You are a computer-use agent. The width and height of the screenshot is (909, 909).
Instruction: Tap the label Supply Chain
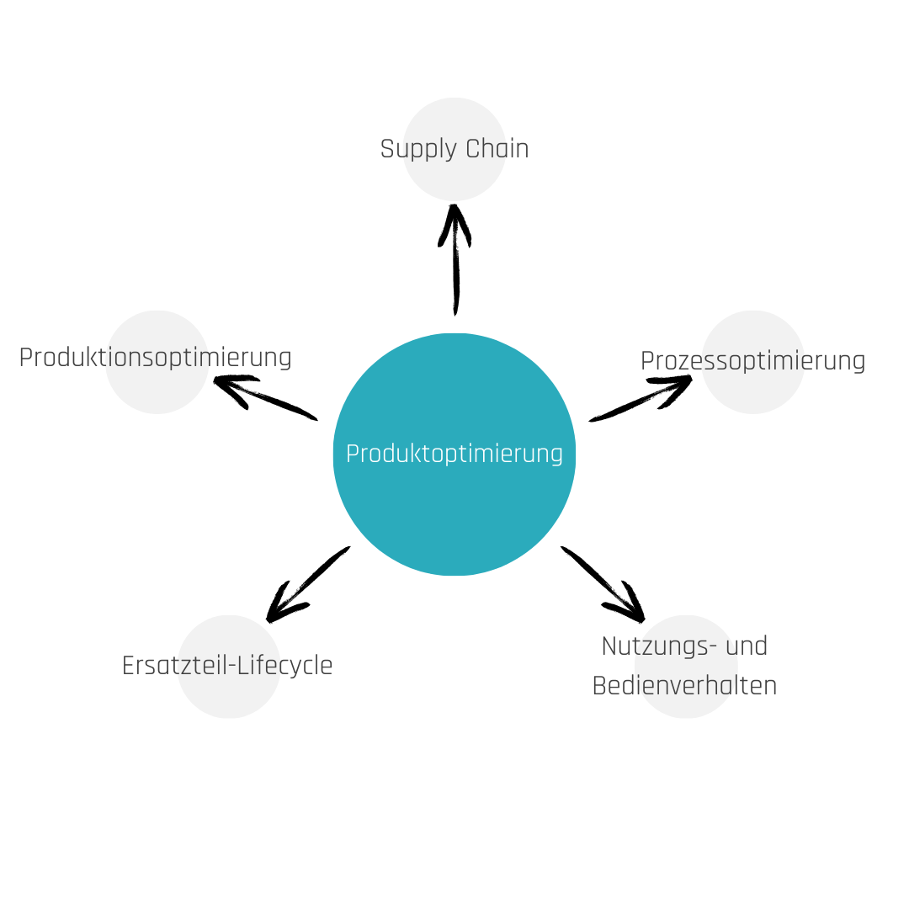click(x=454, y=149)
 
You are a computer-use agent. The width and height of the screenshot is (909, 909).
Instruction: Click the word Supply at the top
click(x=413, y=150)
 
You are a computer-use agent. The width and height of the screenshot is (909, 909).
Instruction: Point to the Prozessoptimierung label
click(x=752, y=360)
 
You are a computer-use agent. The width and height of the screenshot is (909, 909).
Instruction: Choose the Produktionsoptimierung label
click(x=155, y=357)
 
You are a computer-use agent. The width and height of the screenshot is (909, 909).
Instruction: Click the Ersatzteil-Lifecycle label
click(x=227, y=666)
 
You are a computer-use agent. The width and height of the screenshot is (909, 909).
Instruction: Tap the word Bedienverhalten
click(x=684, y=685)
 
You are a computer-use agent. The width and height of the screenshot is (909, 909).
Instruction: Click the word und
click(x=746, y=646)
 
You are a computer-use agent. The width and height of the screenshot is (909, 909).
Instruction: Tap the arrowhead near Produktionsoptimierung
click(x=229, y=385)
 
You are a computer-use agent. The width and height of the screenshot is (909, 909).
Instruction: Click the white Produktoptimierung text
click(x=454, y=454)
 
